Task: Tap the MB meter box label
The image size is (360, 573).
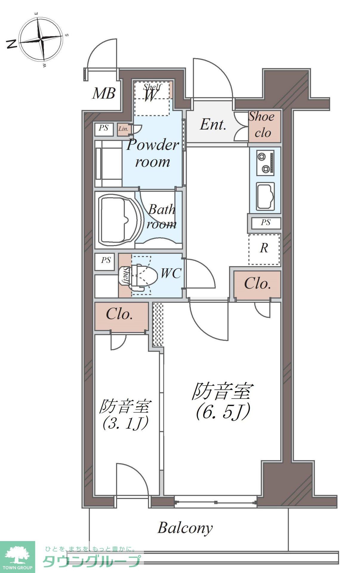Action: pyautogui.click(x=104, y=93)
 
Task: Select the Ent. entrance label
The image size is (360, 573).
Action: pyautogui.click(x=213, y=125)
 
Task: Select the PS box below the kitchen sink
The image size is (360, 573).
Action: pyautogui.click(x=266, y=223)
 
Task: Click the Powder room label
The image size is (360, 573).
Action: pyautogui.click(x=153, y=153)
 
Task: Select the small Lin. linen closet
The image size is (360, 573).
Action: pyautogui.click(x=123, y=129)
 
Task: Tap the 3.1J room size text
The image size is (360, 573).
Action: pyautogui.click(x=125, y=423)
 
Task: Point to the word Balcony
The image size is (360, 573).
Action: pyautogui.click(x=185, y=528)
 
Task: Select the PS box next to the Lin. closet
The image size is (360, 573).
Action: pyautogui.click(x=104, y=128)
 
